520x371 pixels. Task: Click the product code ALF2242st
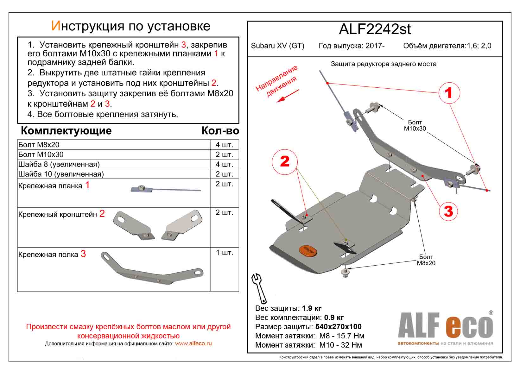pyautogui.click(x=375, y=29)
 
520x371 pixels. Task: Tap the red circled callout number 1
pyautogui.click(x=449, y=93)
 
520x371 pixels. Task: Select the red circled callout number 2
pyautogui.click(x=285, y=161)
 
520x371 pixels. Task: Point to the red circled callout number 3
pyautogui.click(x=448, y=211)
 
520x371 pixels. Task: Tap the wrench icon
pyautogui.click(x=259, y=288)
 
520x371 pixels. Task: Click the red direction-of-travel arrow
pyautogui.click(x=288, y=96)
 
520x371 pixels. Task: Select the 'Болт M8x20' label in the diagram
pyautogui.click(x=426, y=260)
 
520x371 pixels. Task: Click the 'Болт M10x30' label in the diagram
pyautogui.click(x=415, y=125)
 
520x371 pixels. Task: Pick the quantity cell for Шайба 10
pyautogui.click(x=224, y=174)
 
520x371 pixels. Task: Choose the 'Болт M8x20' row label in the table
pyautogui.click(x=39, y=145)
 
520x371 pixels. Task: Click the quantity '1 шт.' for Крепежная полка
pyautogui.click(x=224, y=253)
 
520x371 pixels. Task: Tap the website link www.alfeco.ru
pyautogui.click(x=193, y=343)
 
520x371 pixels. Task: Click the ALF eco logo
pyautogui.click(x=445, y=328)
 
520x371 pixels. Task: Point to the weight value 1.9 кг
pyautogui.click(x=312, y=308)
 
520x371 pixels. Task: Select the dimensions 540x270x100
pyautogui.click(x=338, y=327)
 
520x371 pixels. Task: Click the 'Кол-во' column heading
pyautogui.click(x=220, y=131)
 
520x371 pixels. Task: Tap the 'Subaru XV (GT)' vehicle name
pyautogui.click(x=277, y=46)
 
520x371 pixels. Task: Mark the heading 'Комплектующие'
pyautogui.click(x=66, y=131)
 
